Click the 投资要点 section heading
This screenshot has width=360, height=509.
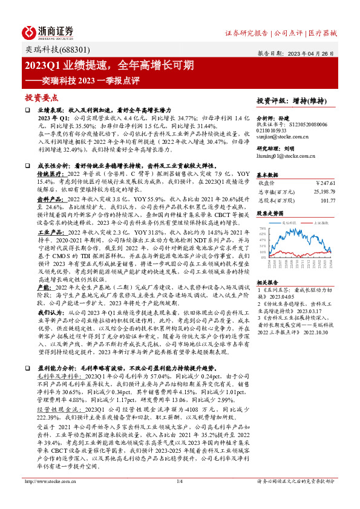[x=42, y=97]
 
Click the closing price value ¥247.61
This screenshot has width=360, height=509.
[x=325, y=182]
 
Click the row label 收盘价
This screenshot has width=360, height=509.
[x=267, y=182]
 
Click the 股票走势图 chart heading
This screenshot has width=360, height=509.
[x=270, y=213]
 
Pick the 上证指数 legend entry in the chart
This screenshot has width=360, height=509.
[x=320, y=223]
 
